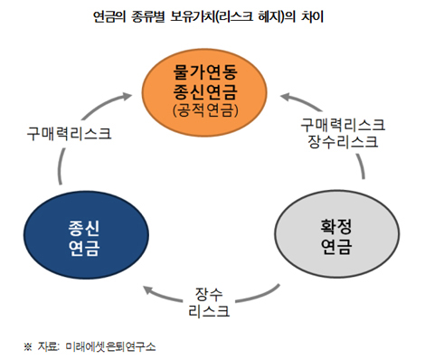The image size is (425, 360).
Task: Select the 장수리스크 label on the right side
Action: tap(342, 141)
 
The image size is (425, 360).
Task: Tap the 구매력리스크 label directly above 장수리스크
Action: tap(342, 124)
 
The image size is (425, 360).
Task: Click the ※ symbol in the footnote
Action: tap(27, 346)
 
